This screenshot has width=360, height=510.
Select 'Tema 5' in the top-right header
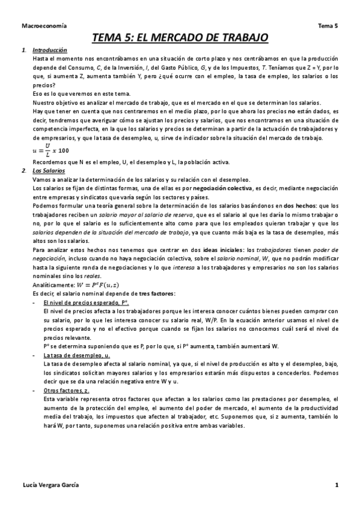(328, 26)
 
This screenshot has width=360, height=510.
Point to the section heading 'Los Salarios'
(49, 171)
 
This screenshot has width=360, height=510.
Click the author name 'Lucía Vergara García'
(51, 485)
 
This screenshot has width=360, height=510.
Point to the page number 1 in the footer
(337, 485)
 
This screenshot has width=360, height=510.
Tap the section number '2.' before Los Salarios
(23, 171)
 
